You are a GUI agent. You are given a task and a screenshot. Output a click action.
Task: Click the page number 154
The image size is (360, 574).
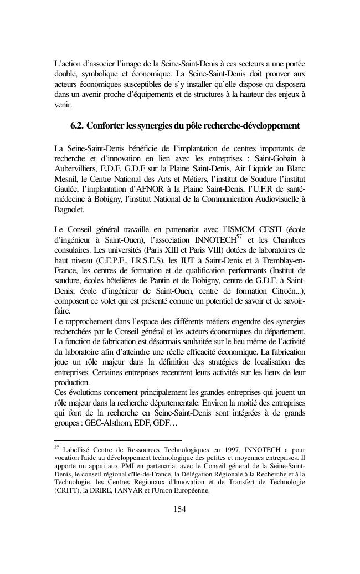[179, 509]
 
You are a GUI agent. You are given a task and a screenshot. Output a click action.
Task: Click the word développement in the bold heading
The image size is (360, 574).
[270, 126]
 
